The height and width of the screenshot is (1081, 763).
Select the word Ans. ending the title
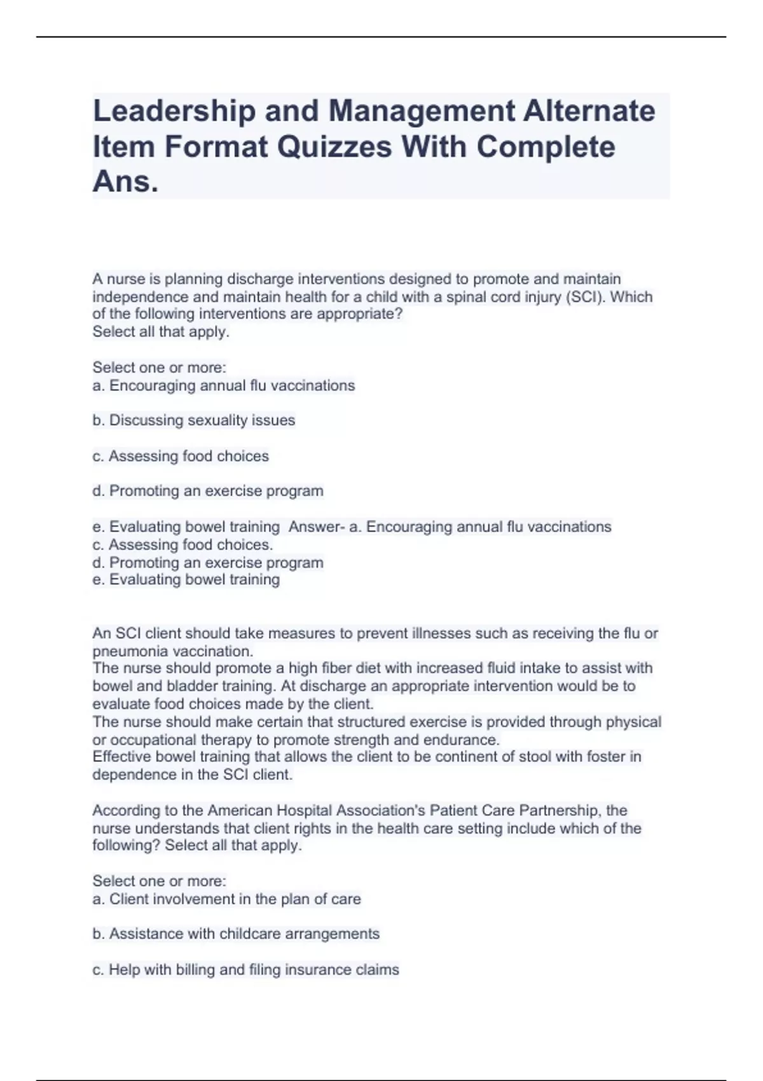(x=125, y=182)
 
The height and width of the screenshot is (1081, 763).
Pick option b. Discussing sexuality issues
(x=194, y=420)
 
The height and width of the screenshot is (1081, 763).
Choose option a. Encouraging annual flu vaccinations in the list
(x=224, y=385)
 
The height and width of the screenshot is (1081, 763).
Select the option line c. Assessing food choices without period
(x=181, y=456)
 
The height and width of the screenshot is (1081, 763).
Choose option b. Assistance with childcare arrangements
(x=236, y=934)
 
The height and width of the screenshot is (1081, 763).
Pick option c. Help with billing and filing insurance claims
(x=245, y=970)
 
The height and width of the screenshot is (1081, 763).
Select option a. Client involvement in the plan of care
(x=226, y=899)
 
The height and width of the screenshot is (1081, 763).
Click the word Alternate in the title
(x=589, y=111)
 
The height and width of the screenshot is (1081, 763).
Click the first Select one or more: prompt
(x=160, y=368)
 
